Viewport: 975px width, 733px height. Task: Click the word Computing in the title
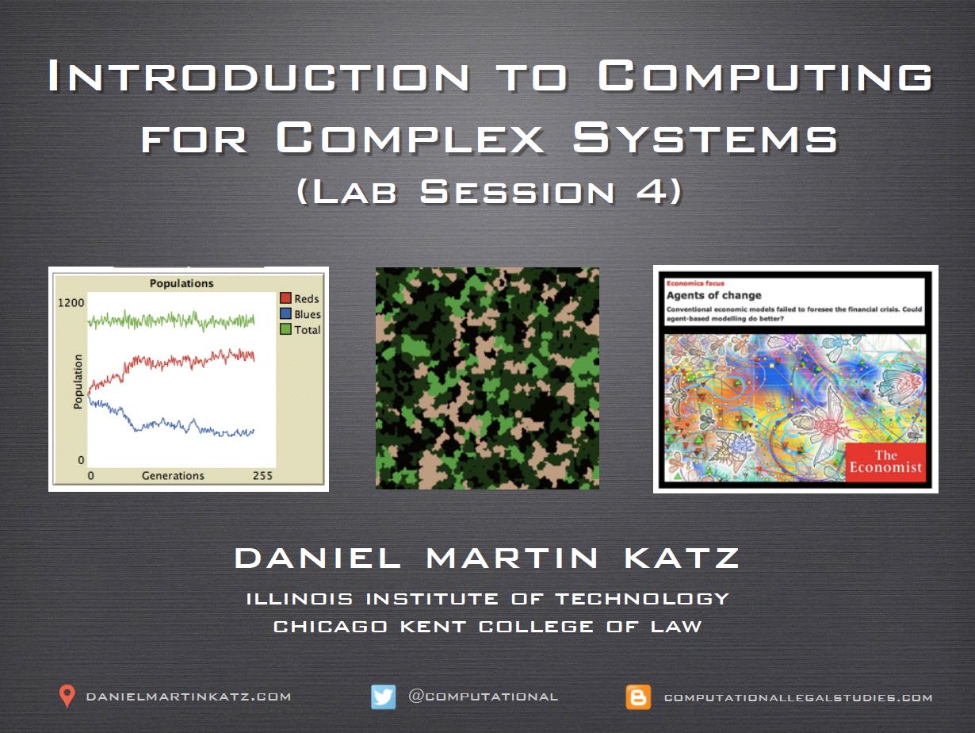tap(764, 76)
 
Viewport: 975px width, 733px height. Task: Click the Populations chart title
tap(182, 283)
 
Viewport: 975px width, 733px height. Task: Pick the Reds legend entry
tap(300, 298)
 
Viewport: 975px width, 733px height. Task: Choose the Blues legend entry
tap(300, 314)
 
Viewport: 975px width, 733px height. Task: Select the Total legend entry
tap(300, 329)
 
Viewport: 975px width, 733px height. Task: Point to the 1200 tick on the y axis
tap(71, 303)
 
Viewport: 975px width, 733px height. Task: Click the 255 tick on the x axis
tap(262, 476)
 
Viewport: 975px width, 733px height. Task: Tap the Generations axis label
tap(173, 476)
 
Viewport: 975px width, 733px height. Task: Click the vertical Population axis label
tap(78, 382)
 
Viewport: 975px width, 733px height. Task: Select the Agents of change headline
tap(714, 295)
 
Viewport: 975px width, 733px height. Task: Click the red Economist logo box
tap(885, 462)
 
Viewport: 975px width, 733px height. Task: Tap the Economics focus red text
tap(695, 283)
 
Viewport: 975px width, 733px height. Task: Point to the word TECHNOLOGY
tap(642, 598)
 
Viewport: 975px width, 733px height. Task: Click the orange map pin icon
tap(67, 696)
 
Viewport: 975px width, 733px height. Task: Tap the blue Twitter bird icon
tap(384, 697)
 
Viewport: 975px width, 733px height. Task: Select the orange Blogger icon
tap(638, 697)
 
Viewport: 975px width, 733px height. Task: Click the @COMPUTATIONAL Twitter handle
tap(483, 696)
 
